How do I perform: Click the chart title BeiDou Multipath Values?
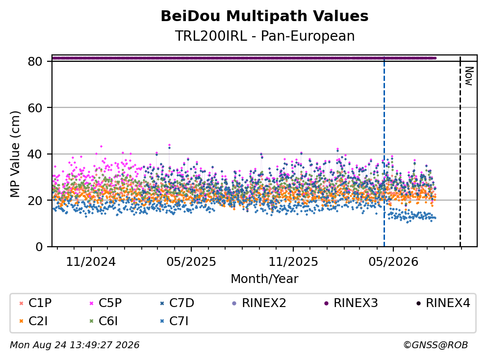(x=264, y=16)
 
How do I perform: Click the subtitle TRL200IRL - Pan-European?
(x=265, y=36)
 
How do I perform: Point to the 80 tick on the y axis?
(x=35, y=61)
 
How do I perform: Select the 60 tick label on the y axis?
(x=35, y=108)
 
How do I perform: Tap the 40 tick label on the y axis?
(x=35, y=154)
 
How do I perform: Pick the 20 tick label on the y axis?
(x=35, y=200)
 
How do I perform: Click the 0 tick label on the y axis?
(x=39, y=247)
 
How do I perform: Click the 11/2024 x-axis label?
(x=91, y=262)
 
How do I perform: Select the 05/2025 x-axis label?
(x=191, y=262)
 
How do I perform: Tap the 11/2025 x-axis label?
(x=293, y=262)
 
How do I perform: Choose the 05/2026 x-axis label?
(x=393, y=262)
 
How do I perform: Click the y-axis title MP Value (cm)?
(x=15, y=154)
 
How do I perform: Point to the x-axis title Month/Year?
(x=264, y=279)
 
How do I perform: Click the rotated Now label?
(x=469, y=76)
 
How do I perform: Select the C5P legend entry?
(x=106, y=303)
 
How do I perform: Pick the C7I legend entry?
(x=174, y=321)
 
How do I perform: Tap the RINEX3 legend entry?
(x=351, y=303)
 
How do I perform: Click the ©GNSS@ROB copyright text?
(x=436, y=345)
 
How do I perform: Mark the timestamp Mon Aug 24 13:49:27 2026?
(x=75, y=345)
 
